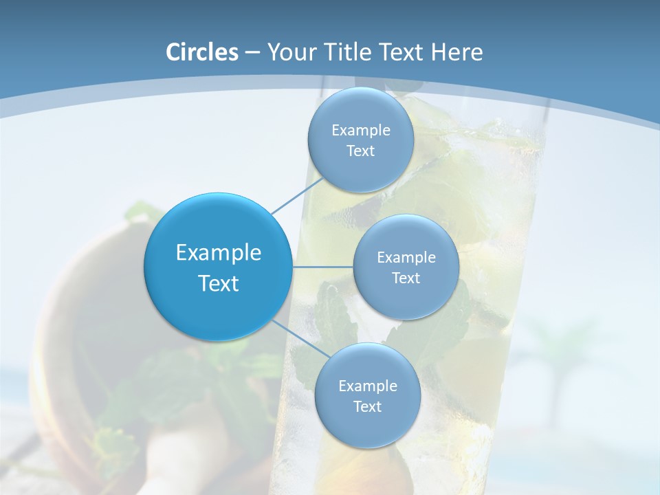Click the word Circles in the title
click(202, 52)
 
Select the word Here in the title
click(457, 52)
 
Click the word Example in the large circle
click(219, 253)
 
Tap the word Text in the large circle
click(219, 283)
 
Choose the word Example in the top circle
click(361, 130)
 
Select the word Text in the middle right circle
click(406, 278)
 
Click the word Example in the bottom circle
click(368, 386)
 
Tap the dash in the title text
click(252, 53)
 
